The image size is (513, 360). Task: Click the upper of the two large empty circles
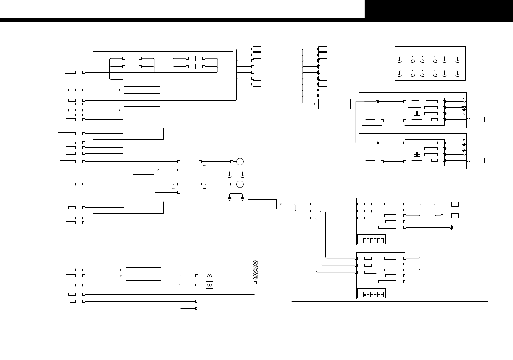(240, 162)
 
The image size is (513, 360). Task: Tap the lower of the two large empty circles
(240, 184)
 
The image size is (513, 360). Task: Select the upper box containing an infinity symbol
(209, 276)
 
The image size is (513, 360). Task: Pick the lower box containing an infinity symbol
(209, 285)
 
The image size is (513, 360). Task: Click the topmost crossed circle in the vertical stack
(255, 263)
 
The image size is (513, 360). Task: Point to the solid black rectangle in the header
(439, 9)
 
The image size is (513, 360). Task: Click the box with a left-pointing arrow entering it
(262, 204)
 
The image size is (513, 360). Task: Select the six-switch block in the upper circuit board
(372, 239)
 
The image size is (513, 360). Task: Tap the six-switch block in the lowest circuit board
(372, 293)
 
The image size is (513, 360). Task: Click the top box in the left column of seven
(257, 49)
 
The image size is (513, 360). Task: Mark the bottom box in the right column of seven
(323, 84)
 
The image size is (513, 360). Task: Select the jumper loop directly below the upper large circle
(236, 174)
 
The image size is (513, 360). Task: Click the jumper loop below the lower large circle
(236, 197)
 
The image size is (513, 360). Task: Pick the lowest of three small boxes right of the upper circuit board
(456, 228)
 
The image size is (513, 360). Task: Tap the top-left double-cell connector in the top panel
(132, 58)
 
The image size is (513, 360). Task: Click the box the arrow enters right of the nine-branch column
(334, 104)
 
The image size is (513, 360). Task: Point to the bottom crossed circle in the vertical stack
(255, 272)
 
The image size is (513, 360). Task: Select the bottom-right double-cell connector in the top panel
(195, 67)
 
